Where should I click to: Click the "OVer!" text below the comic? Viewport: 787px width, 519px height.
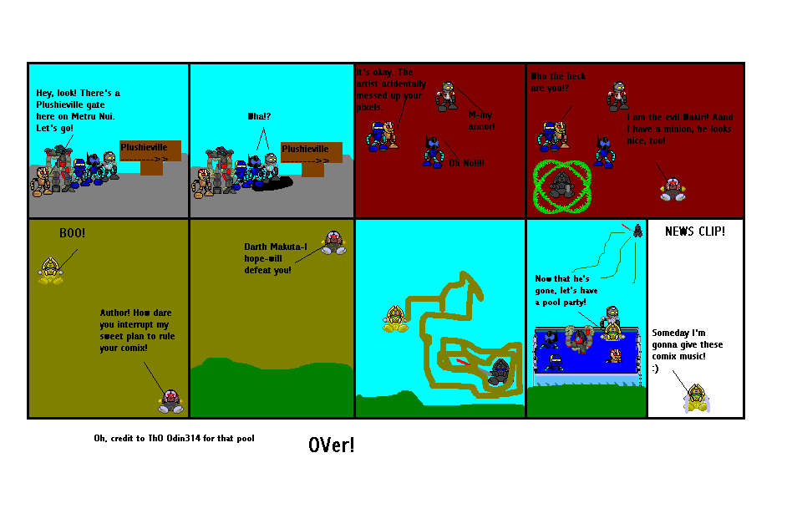pos(331,445)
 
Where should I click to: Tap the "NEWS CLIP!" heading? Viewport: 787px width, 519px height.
pos(694,232)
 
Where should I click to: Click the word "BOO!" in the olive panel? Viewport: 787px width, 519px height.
pos(72,233)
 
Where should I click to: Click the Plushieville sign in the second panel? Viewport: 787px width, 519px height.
pos(311,155)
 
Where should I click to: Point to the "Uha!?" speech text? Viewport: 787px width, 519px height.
pos(261,116)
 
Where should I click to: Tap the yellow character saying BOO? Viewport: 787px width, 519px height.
pos(51,272)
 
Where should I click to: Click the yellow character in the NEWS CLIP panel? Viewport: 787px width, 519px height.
pos(696,399)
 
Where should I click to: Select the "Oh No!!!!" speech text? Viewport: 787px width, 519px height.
pos(466,162)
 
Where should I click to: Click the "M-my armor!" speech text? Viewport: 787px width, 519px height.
pos(481,120)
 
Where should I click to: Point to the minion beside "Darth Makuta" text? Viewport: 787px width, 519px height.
pos(334,242)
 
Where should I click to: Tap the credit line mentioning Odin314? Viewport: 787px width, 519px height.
pos(174,439)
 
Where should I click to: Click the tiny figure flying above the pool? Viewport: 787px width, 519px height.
pos(637,230)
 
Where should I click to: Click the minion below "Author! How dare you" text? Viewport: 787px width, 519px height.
pos(170,401)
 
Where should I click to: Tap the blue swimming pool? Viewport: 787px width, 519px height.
pos(586,350)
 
